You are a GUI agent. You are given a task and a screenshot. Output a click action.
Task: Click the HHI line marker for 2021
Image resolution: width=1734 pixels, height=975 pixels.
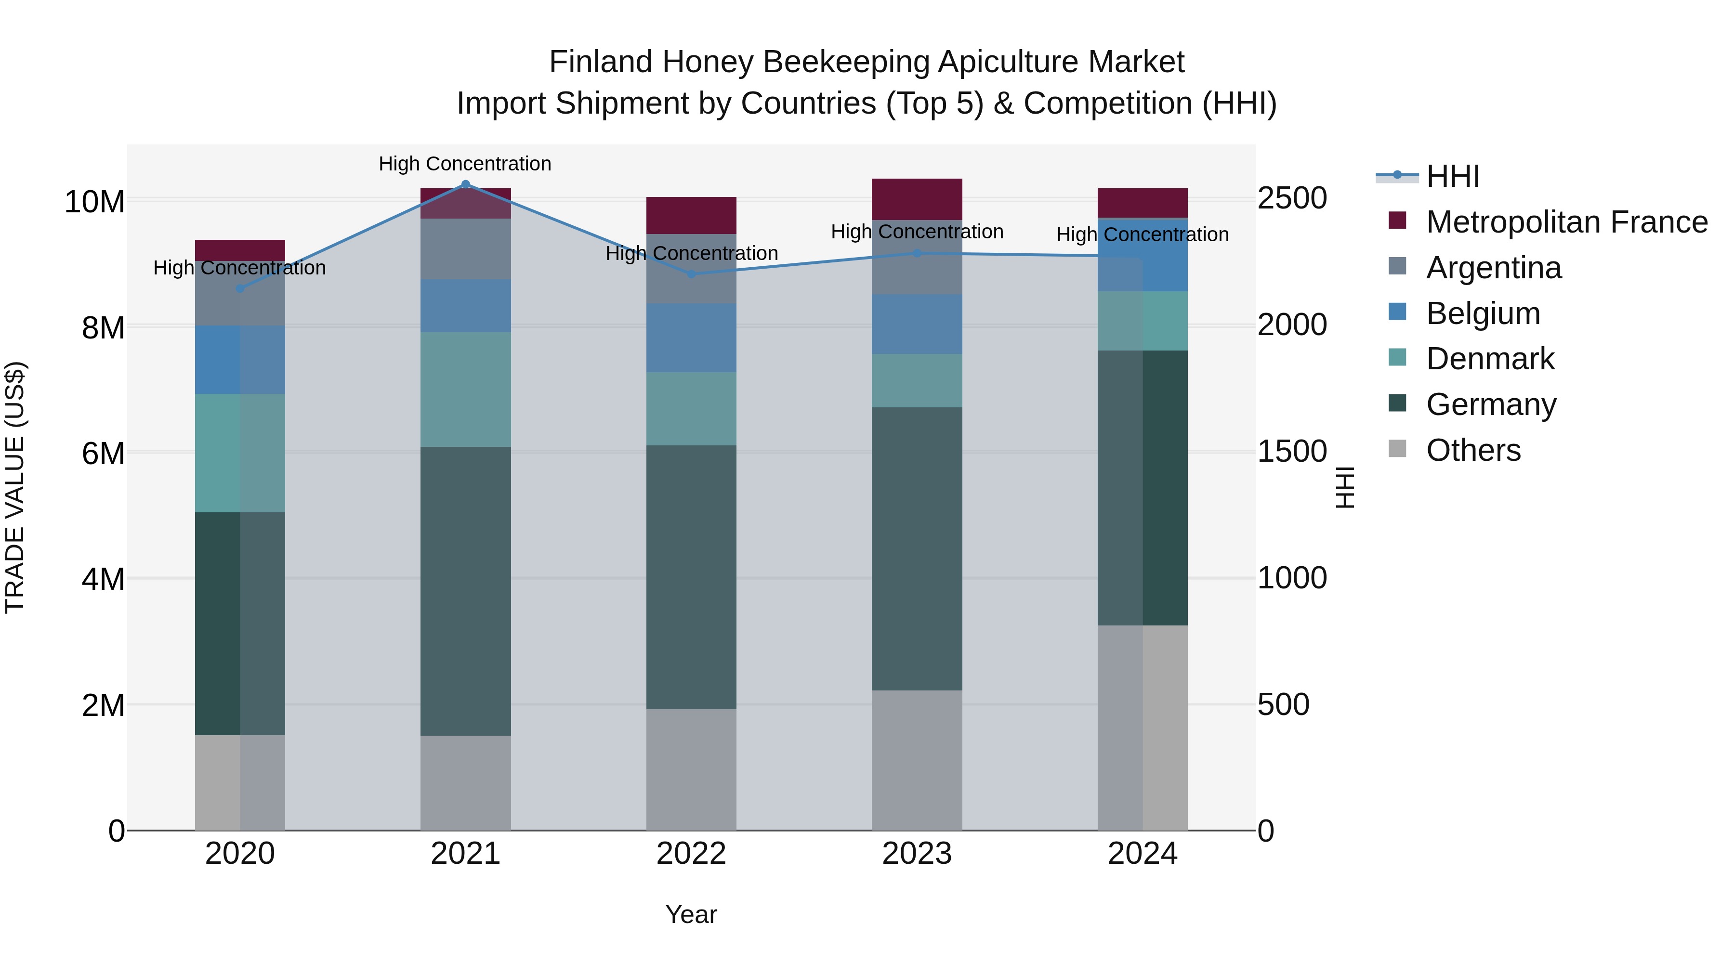[465, 184]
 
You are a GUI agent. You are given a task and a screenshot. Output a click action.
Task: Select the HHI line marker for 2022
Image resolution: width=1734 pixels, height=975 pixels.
[691, 274]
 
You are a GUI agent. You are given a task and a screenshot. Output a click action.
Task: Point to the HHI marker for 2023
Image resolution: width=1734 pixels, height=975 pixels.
[917, 253]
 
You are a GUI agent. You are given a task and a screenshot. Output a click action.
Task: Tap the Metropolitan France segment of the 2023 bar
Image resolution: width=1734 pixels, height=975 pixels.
[917, 199]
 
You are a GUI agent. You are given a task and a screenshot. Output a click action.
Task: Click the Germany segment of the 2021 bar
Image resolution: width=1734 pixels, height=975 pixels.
[465, 591]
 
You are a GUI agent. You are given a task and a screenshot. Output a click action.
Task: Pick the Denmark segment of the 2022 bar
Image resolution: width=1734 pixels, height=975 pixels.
[691, 408]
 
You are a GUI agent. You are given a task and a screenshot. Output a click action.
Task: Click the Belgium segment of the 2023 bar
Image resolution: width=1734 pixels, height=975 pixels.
[917, 324]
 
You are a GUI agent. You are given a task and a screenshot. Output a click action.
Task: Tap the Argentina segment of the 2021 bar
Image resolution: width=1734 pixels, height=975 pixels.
[465, 249]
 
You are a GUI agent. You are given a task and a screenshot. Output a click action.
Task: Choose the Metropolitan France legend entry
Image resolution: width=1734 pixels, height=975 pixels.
[1566, 222]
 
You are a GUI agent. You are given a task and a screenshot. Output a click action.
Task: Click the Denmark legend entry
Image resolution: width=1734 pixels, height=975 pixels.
[1490, 359]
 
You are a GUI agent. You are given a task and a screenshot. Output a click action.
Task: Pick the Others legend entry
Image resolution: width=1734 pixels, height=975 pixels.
[1473, 450]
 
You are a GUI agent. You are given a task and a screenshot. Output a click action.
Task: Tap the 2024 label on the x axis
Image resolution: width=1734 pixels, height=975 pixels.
[1143, 854]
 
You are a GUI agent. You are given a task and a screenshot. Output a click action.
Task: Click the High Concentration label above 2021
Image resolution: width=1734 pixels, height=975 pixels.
[465, 164]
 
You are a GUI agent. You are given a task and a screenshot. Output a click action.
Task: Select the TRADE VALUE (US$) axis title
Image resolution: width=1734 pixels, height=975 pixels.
[15, 487]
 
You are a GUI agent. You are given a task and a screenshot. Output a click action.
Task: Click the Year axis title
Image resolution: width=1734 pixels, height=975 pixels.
[691, 914]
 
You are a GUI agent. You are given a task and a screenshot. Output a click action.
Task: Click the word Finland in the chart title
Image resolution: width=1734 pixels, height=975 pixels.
[601, 62]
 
